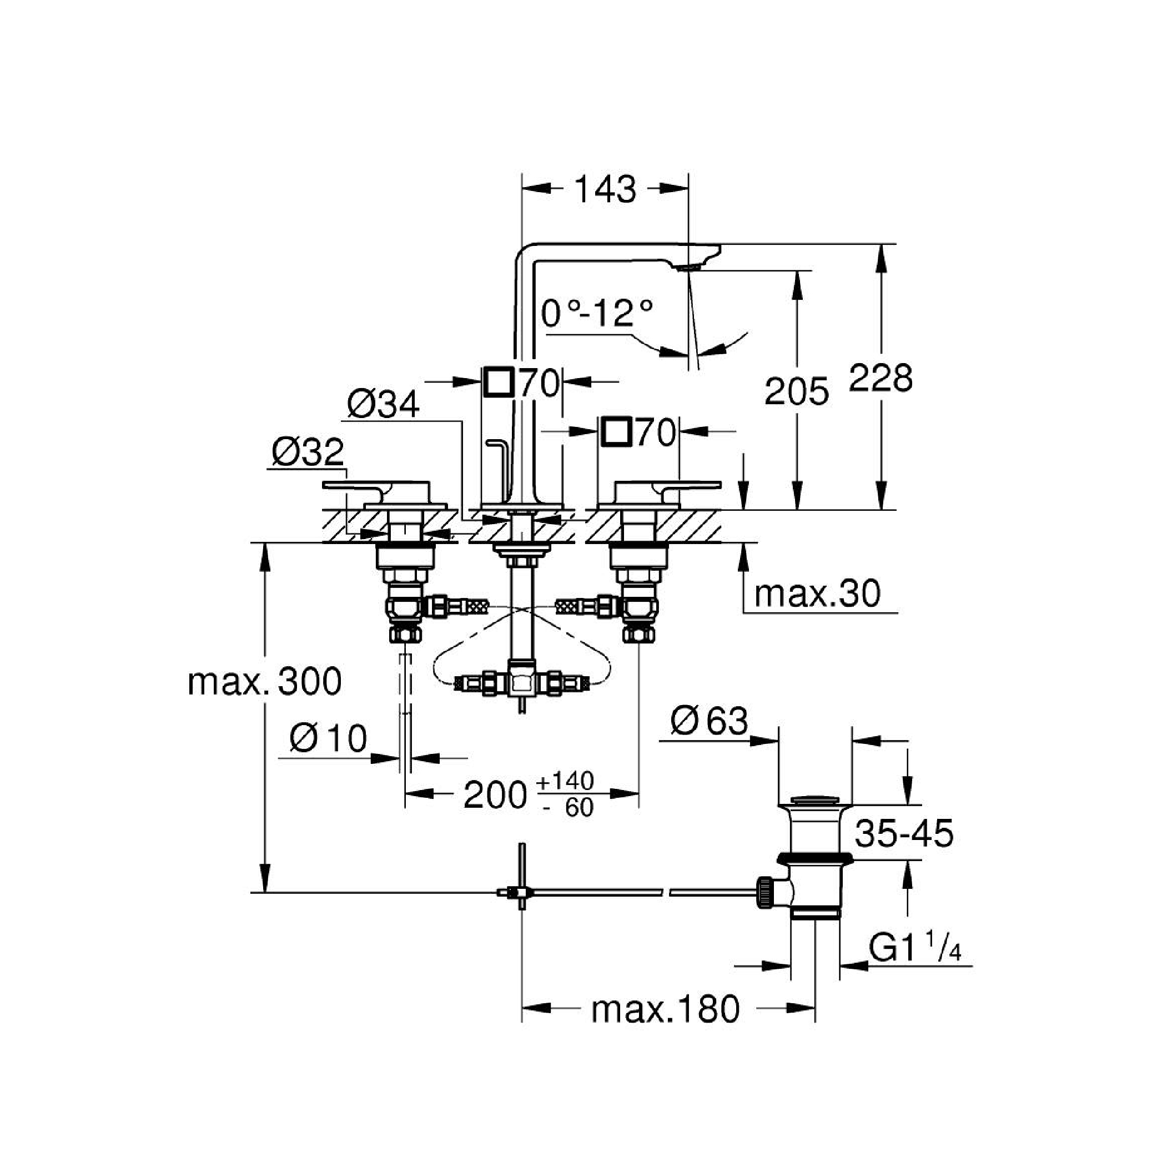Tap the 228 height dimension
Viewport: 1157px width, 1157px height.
881,378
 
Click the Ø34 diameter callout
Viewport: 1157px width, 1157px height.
383,405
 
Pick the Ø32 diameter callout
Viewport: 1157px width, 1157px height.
308,452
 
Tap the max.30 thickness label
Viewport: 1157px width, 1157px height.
817,593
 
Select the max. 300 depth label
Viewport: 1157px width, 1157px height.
265,681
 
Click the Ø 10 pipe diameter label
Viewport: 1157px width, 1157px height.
328,738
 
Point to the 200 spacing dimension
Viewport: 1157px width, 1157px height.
495,795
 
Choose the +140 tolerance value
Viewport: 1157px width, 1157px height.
565,781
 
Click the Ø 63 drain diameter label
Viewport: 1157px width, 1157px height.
709,721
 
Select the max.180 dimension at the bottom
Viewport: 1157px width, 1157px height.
665,1010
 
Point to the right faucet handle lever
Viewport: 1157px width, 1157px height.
688,485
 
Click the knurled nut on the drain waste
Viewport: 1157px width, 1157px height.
764,893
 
